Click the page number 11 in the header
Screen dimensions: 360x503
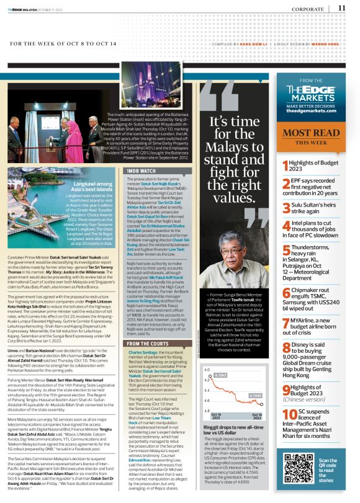342,8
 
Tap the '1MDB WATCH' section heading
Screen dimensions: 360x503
142,153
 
